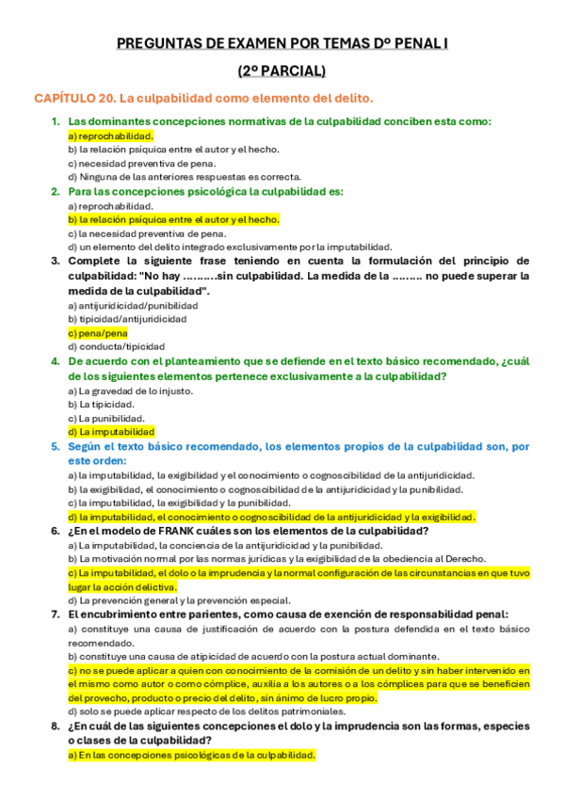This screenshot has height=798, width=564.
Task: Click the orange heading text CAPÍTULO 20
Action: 74,98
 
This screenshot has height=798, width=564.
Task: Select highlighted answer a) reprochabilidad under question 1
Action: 110,136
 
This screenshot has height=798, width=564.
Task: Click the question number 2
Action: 56,191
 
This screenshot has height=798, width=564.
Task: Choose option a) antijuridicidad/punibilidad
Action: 133,306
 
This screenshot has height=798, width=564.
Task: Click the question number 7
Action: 56,614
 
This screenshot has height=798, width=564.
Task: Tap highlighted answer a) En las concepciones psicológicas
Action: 192,755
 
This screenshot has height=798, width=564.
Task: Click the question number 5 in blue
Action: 56,446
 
